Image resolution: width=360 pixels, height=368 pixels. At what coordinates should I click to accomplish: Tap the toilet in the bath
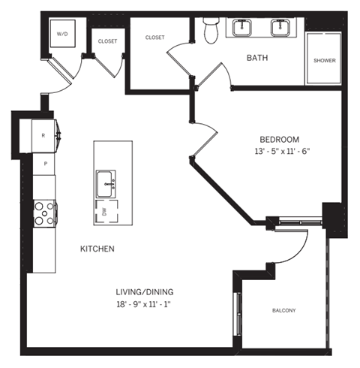pos(211,30)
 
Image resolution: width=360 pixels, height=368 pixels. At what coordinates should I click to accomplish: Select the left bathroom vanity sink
pos(244,29)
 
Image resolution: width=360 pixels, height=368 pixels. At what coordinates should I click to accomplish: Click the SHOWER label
pos(324,61)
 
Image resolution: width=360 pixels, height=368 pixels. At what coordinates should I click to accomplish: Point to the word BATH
pos(258,57)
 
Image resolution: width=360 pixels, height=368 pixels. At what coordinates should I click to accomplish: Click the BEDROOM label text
pos(280,139)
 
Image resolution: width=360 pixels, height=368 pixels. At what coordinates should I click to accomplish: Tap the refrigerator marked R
pos(43,135)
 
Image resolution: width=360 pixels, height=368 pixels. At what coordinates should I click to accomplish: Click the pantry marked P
pos(45,163)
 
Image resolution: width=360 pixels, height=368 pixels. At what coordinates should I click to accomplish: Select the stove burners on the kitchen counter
pos(44,213)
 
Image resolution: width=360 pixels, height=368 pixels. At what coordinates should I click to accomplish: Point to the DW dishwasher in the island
pos(103,213)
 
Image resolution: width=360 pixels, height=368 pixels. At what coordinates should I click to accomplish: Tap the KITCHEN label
pos(97,249)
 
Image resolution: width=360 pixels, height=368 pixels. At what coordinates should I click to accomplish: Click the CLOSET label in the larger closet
pos(154,37)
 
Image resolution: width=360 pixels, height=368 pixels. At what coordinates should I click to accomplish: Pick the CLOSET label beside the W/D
pos(107,41)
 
